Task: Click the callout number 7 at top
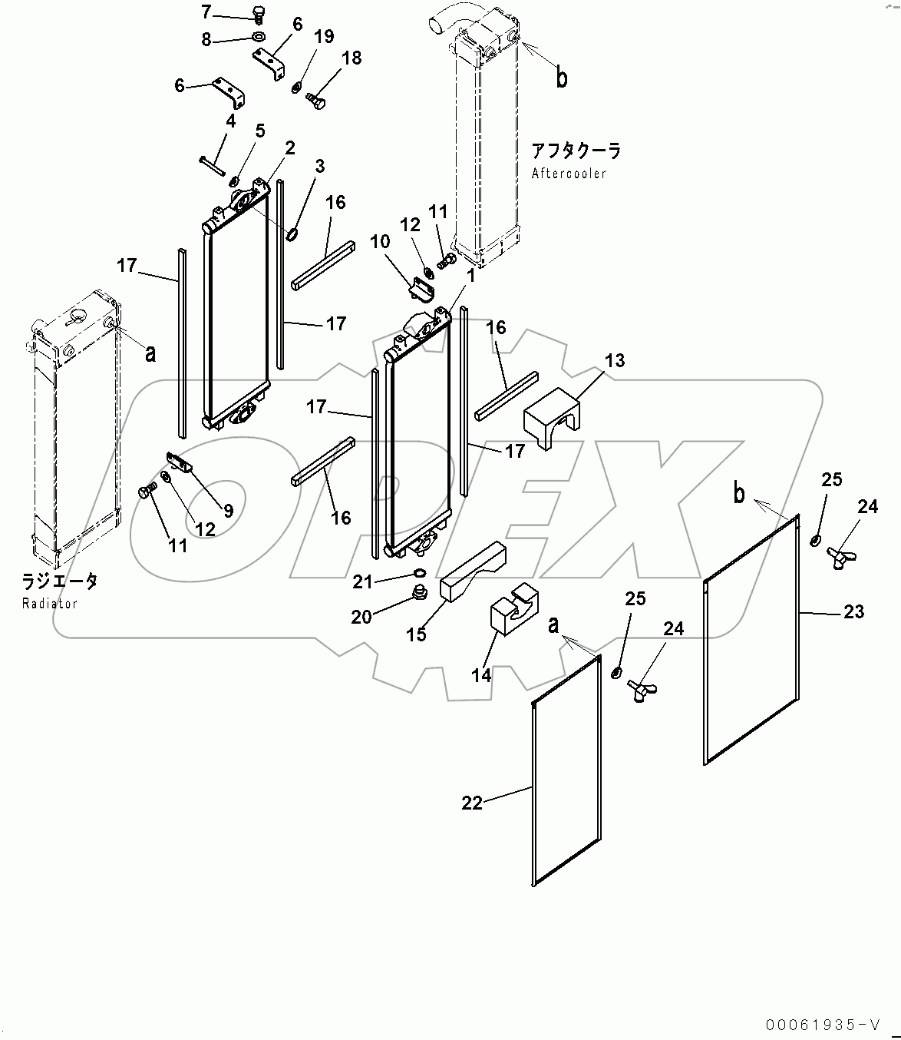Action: click(x=205, y=12)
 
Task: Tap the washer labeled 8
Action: click(x=258, y=37)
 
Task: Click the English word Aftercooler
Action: click(x=569, y=174)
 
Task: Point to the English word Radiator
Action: click(x=50, y=603)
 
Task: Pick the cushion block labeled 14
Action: click(x=510, y=609)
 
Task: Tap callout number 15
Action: click(x=416, y=634)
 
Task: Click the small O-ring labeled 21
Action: click(x=417, y=572)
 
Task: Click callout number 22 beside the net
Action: click(x=472, y=803)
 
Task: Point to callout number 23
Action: click(x=853, y=611)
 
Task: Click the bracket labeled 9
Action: click(x=178, y=462)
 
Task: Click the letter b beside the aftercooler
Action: click(x=562, y=78)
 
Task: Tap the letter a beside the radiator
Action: click(x=151, y=353)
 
